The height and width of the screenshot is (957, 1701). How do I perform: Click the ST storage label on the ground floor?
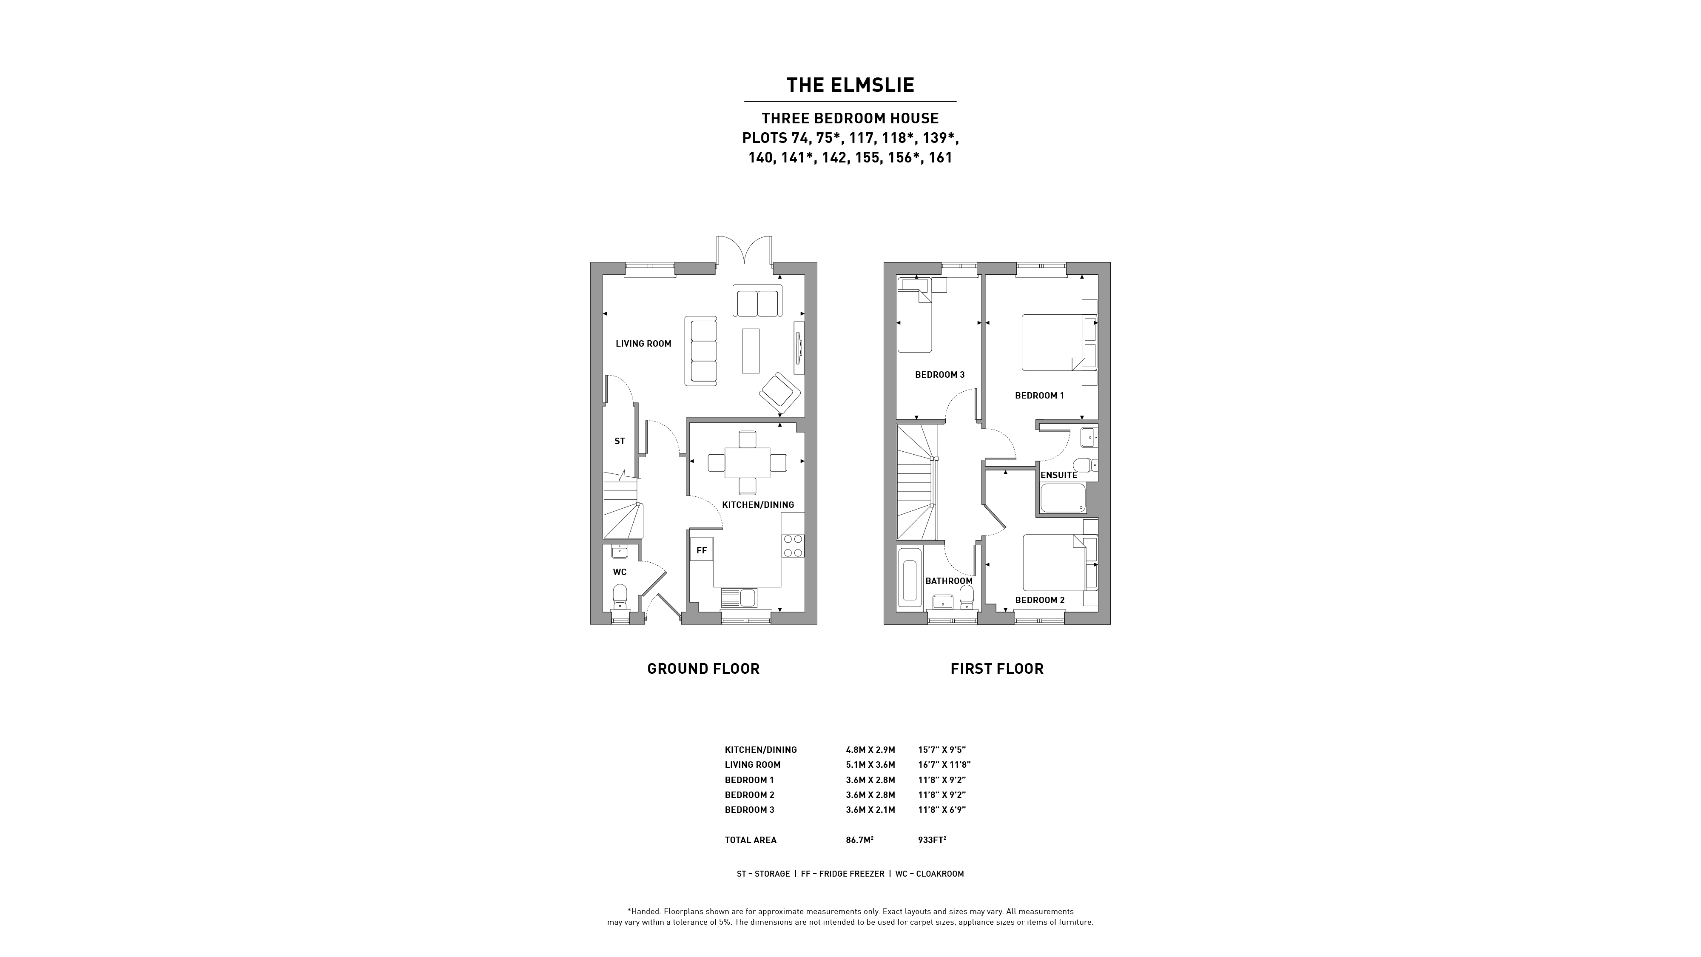click(x=620, y=441)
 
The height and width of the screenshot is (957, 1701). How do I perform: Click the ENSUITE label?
click(x=1058, y=475)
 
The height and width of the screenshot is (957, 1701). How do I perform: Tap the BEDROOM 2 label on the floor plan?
click(x=1039, y=600)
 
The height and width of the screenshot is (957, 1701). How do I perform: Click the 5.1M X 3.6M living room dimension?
click(x=870, y=765)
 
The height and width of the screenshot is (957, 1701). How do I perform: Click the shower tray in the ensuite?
click(x=1063, y=498)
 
